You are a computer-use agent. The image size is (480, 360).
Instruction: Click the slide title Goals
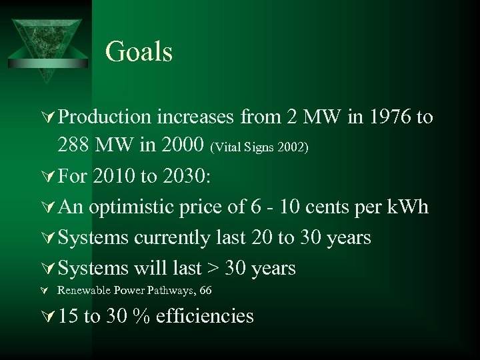[x=139, y=52]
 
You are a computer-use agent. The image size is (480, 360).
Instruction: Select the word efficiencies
[x=205, y=315]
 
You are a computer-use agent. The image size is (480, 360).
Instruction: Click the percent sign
[x=139, y=315]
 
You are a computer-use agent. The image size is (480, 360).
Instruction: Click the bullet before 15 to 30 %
[x=47, y=316]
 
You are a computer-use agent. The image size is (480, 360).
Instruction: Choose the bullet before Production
[x=47, y=118]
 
